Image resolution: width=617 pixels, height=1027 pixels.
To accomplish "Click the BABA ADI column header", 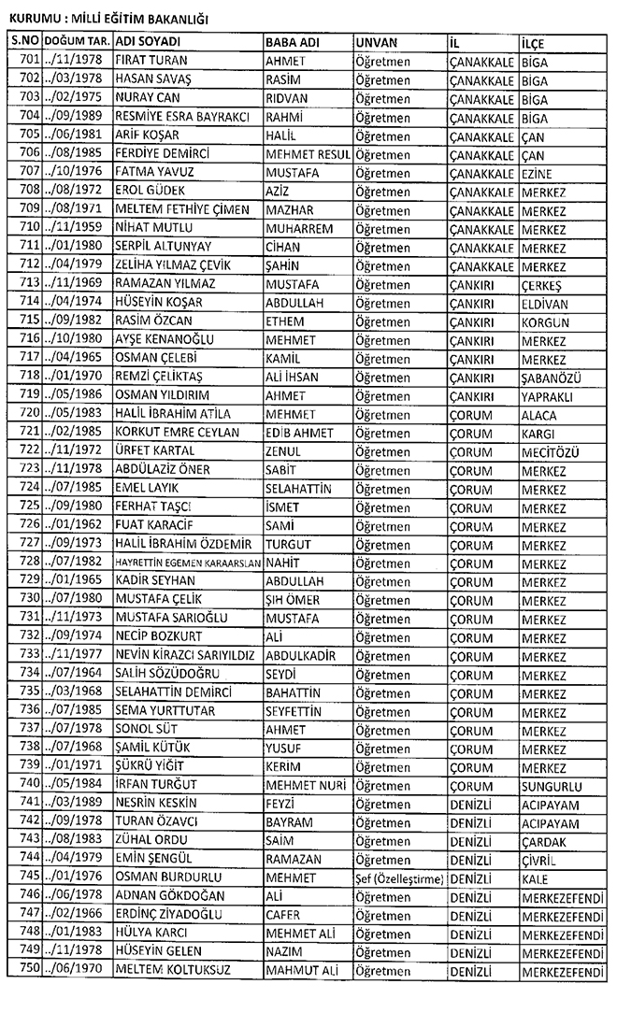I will pyautogui.click(x=292, y=43).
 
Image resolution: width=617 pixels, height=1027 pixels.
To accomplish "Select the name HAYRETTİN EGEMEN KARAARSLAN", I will pyautogui.click(x=187, y=562).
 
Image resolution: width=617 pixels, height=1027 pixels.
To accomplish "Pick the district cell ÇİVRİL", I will pyautogui.click(x=538, y=861).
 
